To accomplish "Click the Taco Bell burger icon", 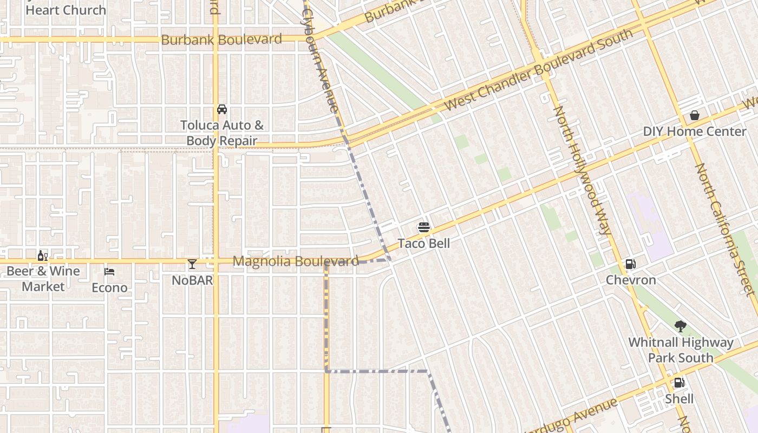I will [x=423, y=227].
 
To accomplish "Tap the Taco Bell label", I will [x=423, y=244].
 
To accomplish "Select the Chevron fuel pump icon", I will [x=630, y=264].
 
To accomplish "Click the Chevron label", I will [x=631, y=280].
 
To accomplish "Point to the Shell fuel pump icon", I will [x=679, y=383].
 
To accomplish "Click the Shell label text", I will [x=679, y=399].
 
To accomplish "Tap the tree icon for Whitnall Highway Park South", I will [x=681, y=326].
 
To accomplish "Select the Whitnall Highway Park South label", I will [x=681, y=350].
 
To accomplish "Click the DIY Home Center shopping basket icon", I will [x=694, y=115].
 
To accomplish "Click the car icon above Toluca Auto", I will [x=221, y=109].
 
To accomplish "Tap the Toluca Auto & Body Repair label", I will [x=221, y=133].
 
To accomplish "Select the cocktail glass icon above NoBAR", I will [x=192, y=264].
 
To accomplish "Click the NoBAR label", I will [x=192, y=280].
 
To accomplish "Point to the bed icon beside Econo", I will [x=109, y=272].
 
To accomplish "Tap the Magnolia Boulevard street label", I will [x=296, y=261].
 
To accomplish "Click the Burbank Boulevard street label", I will [x=221, y=40].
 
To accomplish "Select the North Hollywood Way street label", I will [x=583, y=170].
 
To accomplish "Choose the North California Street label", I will [x=726, y=230].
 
